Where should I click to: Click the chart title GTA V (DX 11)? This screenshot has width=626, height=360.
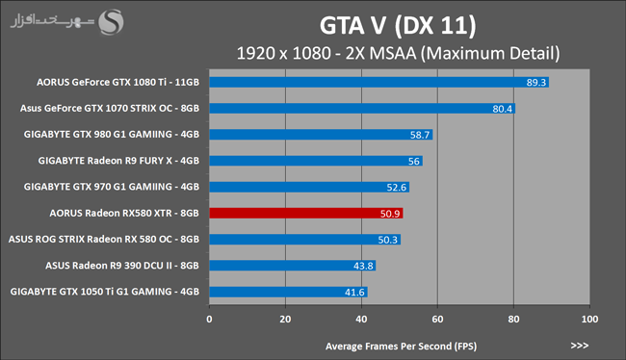[398, 26]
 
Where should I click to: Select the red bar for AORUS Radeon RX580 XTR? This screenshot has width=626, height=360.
[306, 213]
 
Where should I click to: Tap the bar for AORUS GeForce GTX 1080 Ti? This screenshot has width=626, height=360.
[379, 82]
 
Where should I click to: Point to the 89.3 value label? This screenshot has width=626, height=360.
[535, 83]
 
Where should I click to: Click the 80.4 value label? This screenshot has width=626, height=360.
[502, 109]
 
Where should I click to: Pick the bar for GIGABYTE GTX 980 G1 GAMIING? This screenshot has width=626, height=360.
[321, 135]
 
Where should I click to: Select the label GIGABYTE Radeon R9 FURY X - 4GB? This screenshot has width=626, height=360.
[118, 161]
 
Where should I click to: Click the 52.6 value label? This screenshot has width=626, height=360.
[396, 187]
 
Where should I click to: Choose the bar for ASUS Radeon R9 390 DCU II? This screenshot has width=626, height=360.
[293, 266]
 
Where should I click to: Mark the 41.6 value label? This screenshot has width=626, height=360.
[354, 293]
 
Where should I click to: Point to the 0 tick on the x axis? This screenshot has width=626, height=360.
[209, 320]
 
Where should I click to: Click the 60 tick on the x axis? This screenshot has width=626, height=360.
[437, 320]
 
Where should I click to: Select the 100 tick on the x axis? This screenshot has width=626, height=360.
[589, 320]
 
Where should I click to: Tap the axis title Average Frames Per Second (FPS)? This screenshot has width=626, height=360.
[401, 347]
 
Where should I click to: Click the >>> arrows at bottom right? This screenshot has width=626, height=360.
[579, 346]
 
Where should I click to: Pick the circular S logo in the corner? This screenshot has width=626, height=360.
[111, 22]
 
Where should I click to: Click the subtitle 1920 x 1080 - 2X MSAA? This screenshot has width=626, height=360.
[326, 54]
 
